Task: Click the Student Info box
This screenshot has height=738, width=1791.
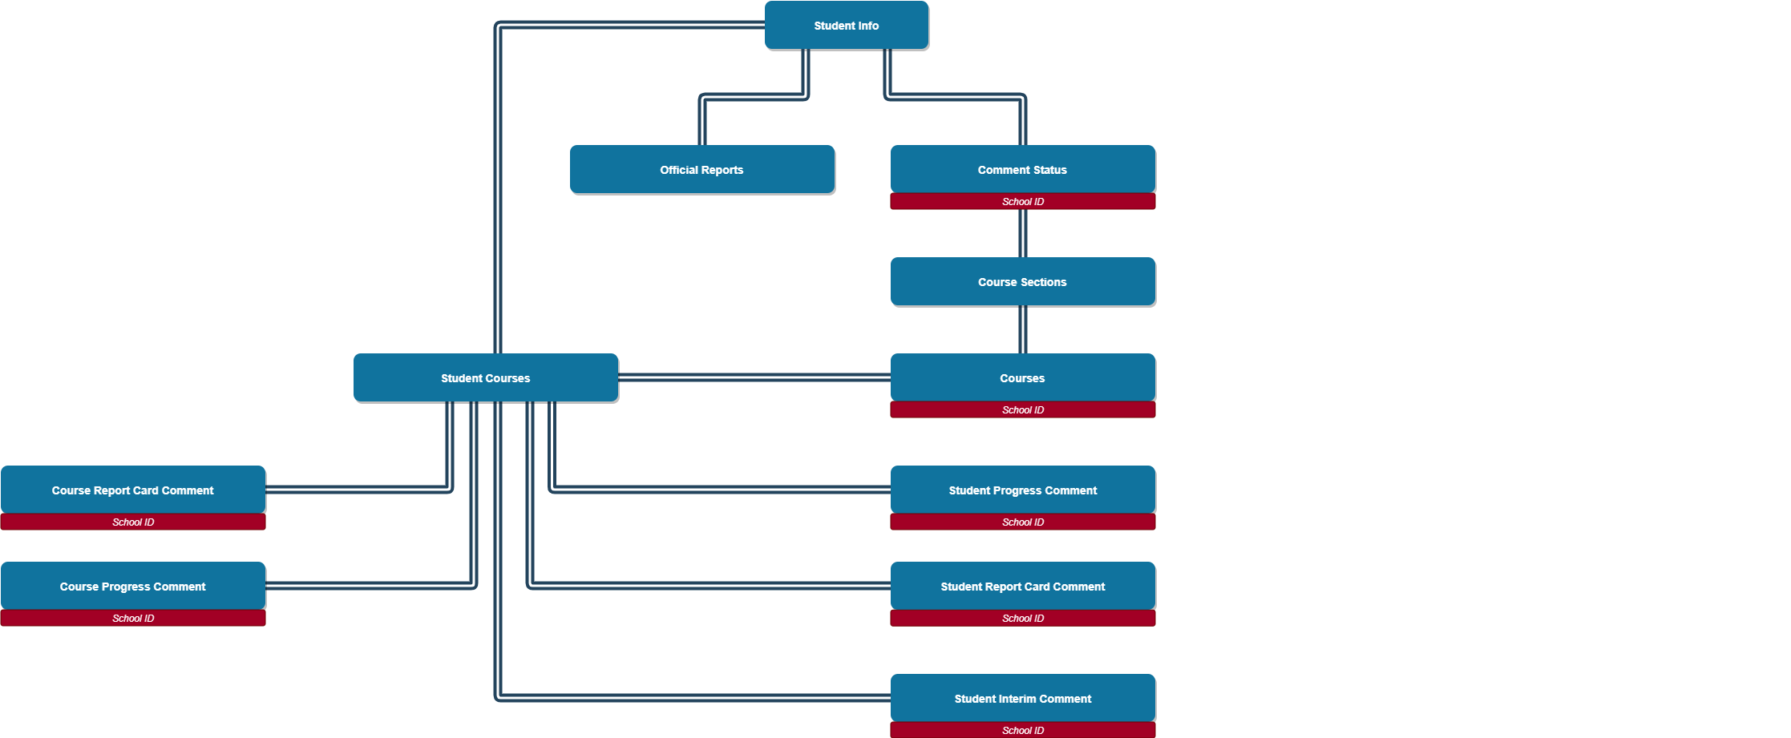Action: pyautogui.click(x=846, y=25)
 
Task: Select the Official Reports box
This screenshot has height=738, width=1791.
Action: pyautogui.click(x=701, y=169)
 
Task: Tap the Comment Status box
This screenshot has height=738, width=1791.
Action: pyautogui.click(x=1022, y=169)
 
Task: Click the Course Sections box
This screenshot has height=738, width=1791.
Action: pyautogui.click(x=1022, y=281)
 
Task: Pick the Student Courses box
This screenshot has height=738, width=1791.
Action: pyautogui.click(x=485, y=377)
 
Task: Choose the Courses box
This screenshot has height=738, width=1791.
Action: pyautogui.click(x=1022, y=377)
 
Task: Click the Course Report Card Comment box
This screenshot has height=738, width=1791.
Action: pyautogui.click(x=132, y=490)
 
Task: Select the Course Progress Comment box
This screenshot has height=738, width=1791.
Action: pyautogui.click(x=132, y=586)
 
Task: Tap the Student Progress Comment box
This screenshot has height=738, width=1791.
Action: pyautogui.click(x=1022, y=490)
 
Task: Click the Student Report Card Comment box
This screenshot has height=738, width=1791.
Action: pyautogui.click(x=1022, y=586)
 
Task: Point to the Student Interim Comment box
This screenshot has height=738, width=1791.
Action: pyautogui.click(x=1022, y=698)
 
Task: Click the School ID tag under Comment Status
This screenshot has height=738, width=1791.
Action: pyautogui.click(x=1022, y=201)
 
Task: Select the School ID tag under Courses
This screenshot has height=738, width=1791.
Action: pyautogui.click(x=1022, y=409)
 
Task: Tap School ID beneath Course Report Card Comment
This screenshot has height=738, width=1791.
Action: pyautogui.click(x=132, y=522)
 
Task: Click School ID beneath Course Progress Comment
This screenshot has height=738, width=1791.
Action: pyautogui.click(x=132, y=618)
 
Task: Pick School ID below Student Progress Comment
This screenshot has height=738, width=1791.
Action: pyautogui.click(x=1022, y=522)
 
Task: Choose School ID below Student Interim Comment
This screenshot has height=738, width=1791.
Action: pyautogui.click(x=1022, y=730)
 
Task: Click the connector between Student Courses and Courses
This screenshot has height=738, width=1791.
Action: pyautogui.click(x=754, y=377)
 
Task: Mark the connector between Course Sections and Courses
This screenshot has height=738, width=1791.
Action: pyautogui.click(x=1022, y=329)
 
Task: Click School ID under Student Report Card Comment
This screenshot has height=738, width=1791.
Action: pyautogui.click(x=1022, y=618)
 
